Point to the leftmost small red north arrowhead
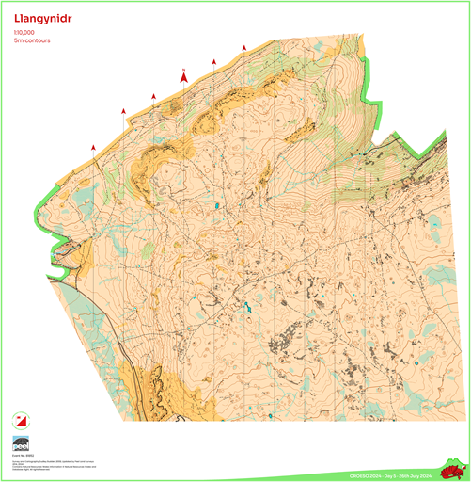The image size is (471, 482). [93, 147]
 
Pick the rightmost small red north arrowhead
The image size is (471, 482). [244, 46]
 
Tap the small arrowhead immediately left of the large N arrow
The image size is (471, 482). [153, 96]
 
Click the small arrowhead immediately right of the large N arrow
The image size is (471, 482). [214, 61]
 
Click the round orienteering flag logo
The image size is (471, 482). [20, 420]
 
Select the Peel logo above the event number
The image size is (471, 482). [20, 443]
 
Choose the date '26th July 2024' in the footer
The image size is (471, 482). [411, 476]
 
